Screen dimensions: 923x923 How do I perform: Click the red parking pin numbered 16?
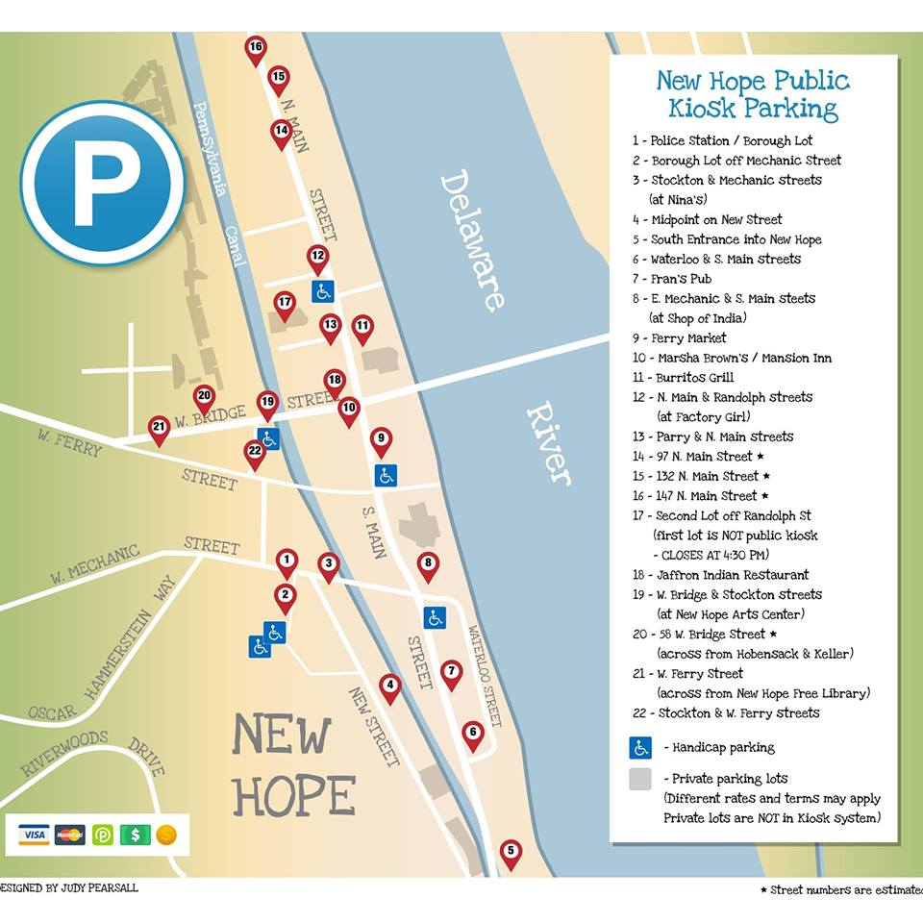pyautogui.click(x=255, y=48)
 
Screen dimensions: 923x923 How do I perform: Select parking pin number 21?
pyautogui.click(x=159, y=428)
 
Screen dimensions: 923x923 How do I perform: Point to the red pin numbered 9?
pyautogui.click(x=381, y=440)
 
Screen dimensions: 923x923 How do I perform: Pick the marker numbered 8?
pyautogui.click(x=428, y=564)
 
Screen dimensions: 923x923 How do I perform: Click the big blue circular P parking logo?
pyautogui.click(x=103, y=182)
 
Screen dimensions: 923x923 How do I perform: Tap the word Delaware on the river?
pyautogui.click(x=472, y=240)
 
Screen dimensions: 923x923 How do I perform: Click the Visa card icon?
pyautogui.click(x=34, y=835)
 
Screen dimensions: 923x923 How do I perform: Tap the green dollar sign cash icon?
pyautogui.click(x=135, y=835)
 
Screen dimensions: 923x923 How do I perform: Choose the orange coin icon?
pyautogui.click(x=166, y=835)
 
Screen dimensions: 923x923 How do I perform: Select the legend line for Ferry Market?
pyautogui.click(x=687, y=338)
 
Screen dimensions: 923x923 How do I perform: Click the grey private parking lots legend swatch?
pyautogui.click(x=640, y=779)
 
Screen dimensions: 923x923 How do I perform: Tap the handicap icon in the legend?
pyautogui.click(x=640, y=747)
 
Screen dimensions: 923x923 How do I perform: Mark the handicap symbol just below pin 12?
pyautogui.click(x=322, y=290)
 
